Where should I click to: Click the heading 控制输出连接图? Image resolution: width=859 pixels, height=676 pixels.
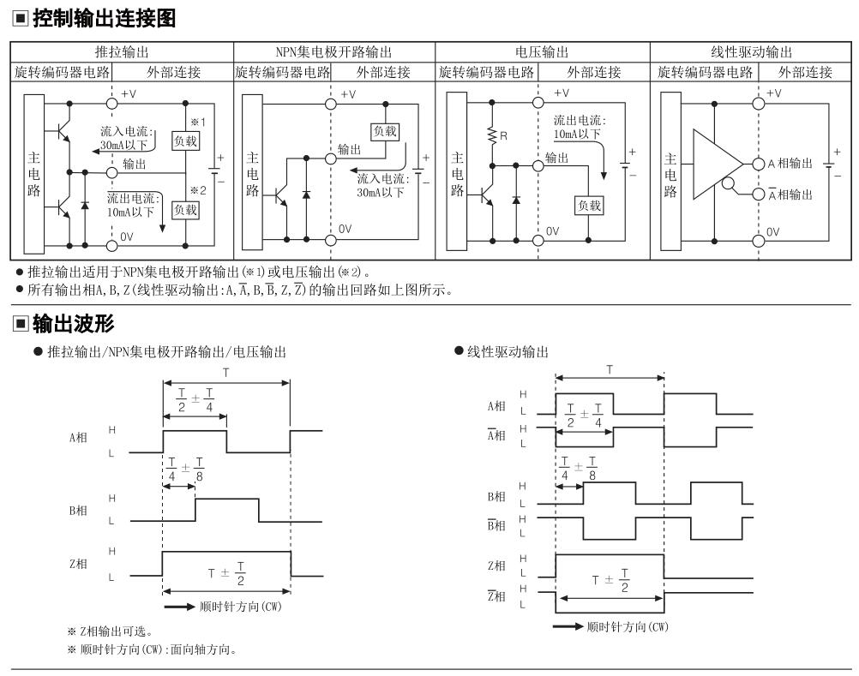tap(104, 19)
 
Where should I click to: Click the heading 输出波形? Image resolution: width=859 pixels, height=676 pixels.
tap(74, 324)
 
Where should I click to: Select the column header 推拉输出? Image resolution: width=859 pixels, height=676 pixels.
tap(123, 52)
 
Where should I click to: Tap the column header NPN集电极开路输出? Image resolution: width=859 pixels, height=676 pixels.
tap(333, 52)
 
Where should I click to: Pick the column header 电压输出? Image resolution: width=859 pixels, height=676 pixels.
tap(542, 52)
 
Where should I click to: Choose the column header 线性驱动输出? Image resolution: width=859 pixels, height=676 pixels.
tap(752, 52)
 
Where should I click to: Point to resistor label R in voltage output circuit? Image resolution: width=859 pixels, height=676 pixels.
tap(503, 135)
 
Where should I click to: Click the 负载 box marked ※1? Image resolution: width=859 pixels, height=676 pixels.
tap(185, 141)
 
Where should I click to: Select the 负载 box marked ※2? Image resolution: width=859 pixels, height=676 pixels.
tap(185, 210)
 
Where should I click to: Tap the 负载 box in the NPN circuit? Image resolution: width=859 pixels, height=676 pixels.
tap(385, 131)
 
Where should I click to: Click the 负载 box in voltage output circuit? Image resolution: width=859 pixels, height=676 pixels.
tap(590, 206)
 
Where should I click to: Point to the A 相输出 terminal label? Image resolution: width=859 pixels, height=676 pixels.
tap(790, 163)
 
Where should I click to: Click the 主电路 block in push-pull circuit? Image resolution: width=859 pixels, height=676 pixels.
tap(34, 174)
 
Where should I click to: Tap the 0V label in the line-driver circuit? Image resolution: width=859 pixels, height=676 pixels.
tap(772, 231)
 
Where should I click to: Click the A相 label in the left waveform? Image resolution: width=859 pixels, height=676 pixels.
tap(78, 437)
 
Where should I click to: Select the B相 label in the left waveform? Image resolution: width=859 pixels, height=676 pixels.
tap(78, 510)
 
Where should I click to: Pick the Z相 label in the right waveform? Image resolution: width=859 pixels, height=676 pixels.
tap(496, 565)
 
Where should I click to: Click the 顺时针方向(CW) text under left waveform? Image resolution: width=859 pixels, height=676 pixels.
tap(241, 607)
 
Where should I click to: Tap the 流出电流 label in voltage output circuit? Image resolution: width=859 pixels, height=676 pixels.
tap(580, 121)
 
